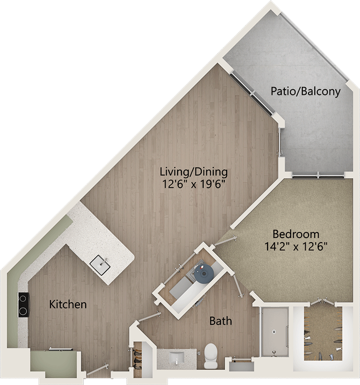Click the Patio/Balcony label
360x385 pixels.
pyautogui.click(x=306, y=91)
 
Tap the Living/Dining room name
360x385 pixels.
pyautogui.click(x=194, y=172)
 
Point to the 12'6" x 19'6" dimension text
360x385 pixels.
pyautogui.click(x=194, y=184)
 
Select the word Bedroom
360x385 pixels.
pyautogui.click(x=296, y=234)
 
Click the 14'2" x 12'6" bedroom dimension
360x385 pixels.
pyautogui.click(x=296, y=246)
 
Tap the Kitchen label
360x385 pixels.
pyautogui.click(x=68, y=305)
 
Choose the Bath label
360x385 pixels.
pyautogui.click(x=220, y=321)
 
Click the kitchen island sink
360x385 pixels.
pyautogui.click(x=100, y=265)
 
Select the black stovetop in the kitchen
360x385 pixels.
pyautogui.click(x=23, y=305)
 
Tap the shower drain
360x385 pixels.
pyautogui.click(x=274, y=332)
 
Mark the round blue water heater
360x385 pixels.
pyautogui.click(x=204, y=273)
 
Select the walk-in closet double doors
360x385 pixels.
pyautogui.click(x=323, y=302)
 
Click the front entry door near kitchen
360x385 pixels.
pyautogui.click(x=98, y=370)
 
